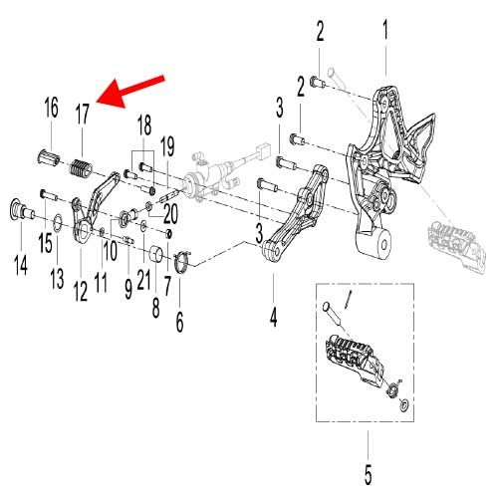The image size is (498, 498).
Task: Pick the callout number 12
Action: (80, 289)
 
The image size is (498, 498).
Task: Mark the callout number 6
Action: (180, 321)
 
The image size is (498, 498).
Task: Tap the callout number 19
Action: (167, 148)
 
